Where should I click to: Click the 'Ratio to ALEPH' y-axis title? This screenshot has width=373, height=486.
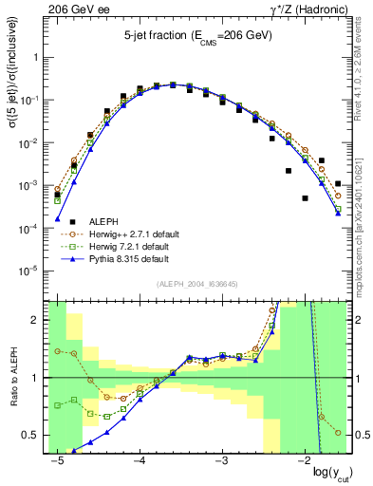tap(11, 380)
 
